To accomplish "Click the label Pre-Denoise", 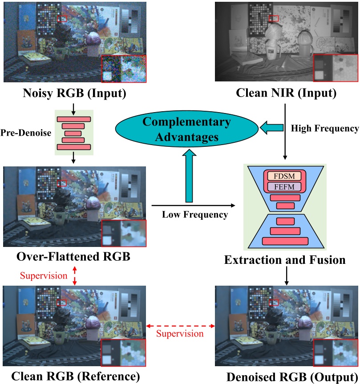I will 26,133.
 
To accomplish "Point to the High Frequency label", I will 324,129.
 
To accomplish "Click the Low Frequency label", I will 194,214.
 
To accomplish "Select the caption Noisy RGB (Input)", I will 74,94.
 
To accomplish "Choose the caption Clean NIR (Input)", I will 286,94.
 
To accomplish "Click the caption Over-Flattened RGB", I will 73,257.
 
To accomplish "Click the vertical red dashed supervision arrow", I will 74,275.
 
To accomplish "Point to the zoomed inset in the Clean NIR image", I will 336,68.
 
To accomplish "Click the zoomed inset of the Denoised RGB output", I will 336,353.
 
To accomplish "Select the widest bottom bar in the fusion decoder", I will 285,241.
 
